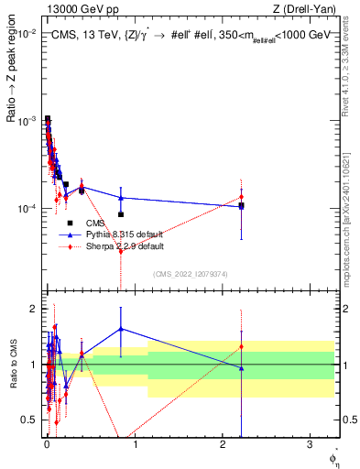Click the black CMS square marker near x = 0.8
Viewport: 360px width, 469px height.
(x=121, y=214)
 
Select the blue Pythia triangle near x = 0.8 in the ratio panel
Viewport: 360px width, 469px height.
(x=121, y=329)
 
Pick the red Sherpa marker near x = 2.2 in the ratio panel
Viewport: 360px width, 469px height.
(x=241, y=346)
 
